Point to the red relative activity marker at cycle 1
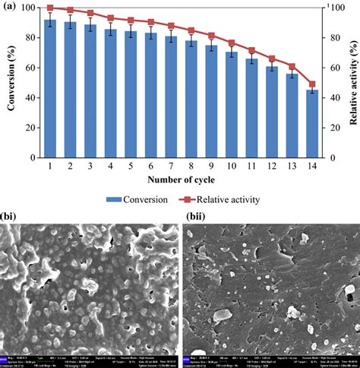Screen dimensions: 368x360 tap(50, 8)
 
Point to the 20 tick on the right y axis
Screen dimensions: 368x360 tap(334, 128)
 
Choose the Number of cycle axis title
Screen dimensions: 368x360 tap(180, 180)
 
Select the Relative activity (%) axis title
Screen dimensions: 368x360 tap(352, 82)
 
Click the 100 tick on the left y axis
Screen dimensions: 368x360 tap(27, 8)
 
